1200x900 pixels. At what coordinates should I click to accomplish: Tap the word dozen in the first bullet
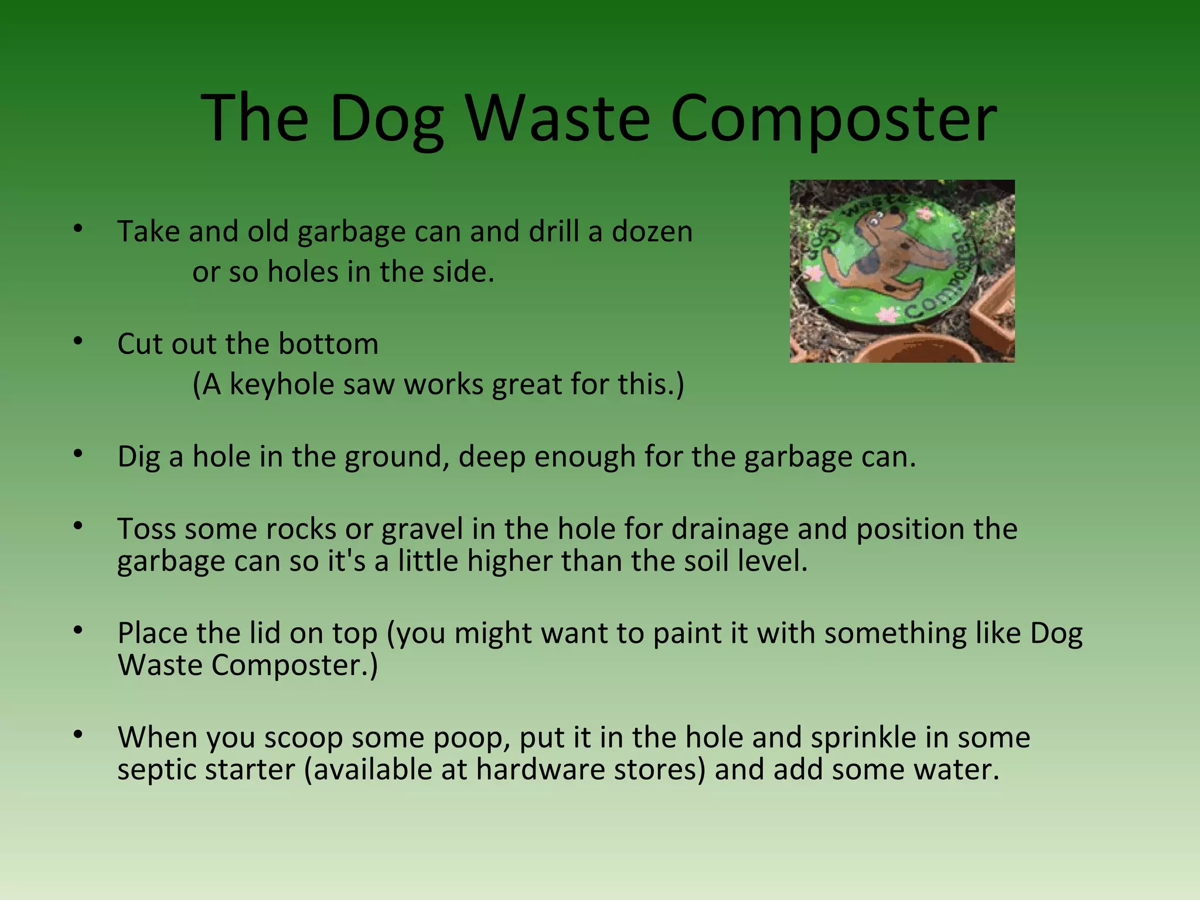pos(652,231)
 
